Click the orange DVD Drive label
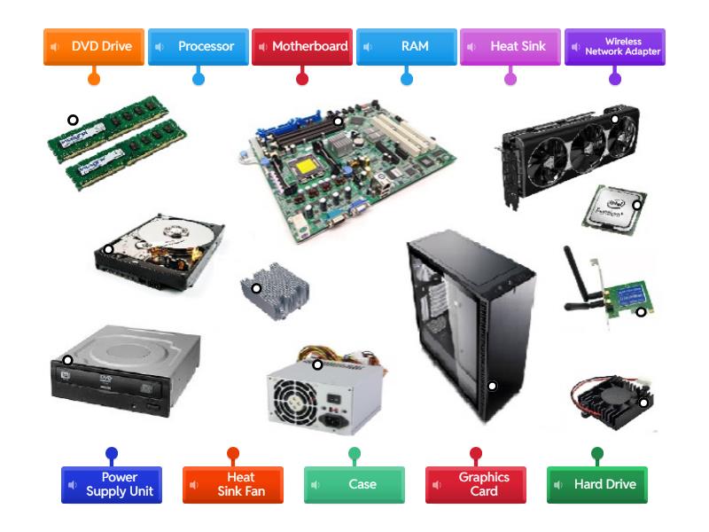pos(94,47)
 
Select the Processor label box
pos(198,47)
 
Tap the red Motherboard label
pos(302,47)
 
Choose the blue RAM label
pos(407,47)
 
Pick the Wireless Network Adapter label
pos(615,47)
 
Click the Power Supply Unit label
pos(112,484)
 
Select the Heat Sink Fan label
pos(233,484)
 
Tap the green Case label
pos(354,484)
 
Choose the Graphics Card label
pos(476,484)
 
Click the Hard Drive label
pos(597,484)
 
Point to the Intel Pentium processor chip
pos(614,209)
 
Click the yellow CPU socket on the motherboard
pos(307,166)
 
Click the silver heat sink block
pos(275,291)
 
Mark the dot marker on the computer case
pos(492,386)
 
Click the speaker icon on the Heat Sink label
pos(471,47)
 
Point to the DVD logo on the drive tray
pos(105,379)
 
